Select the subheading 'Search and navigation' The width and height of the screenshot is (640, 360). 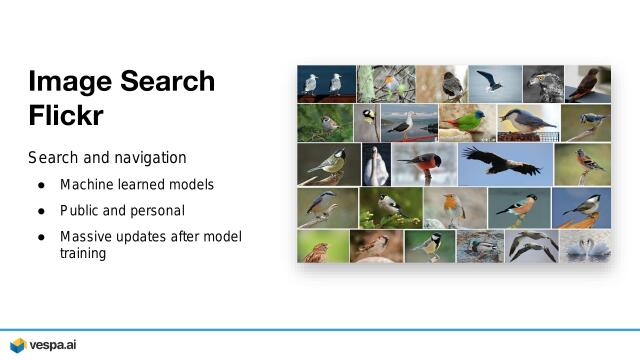107,159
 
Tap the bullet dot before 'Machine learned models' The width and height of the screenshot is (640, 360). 41,185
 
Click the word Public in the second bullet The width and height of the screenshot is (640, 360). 80,211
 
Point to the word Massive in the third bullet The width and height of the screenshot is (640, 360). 87,237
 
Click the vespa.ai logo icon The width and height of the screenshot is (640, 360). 17,345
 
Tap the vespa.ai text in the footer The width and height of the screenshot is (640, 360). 52,345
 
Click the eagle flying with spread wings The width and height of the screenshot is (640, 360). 499,162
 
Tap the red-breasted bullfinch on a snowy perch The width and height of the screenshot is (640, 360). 424,162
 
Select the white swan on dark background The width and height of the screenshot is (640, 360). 376,164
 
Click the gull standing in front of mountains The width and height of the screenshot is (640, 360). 408,123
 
